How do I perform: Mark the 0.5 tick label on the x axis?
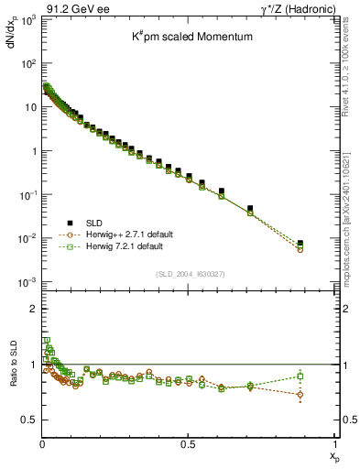click(189, 444)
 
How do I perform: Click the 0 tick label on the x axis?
click(42, 444)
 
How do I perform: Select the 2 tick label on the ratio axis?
click(33, 310)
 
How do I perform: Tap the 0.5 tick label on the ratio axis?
click(29, 420)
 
